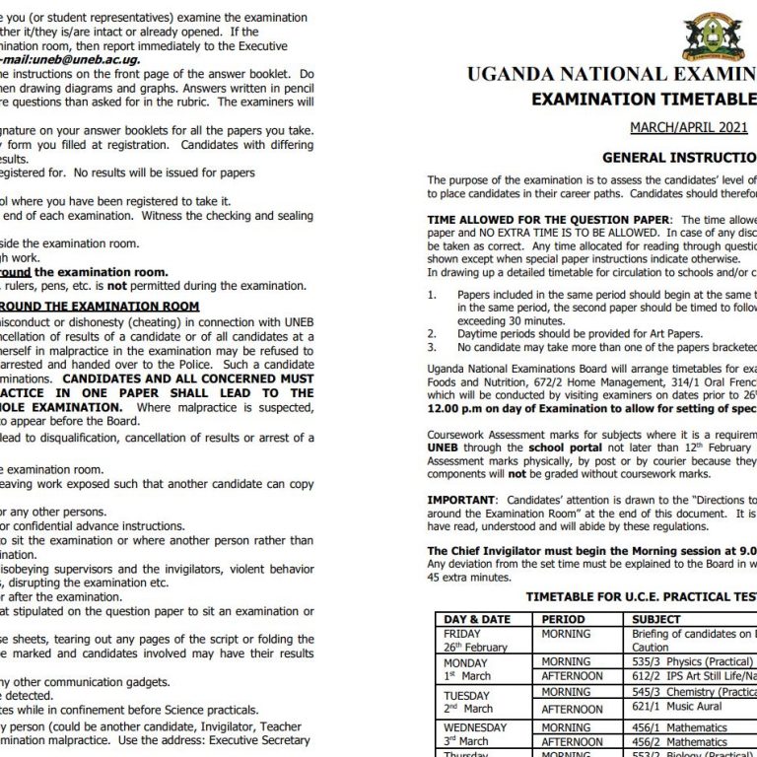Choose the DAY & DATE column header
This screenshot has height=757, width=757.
[477, 619]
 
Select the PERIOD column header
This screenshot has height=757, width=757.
[564, 619]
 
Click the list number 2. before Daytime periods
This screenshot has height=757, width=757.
[432, 334]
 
